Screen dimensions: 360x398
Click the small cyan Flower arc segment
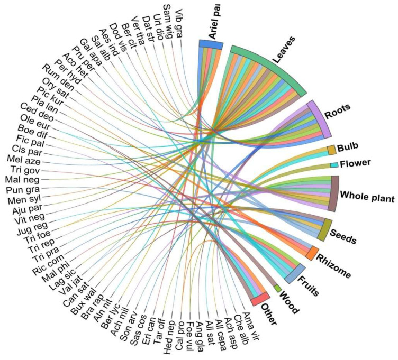(x=334, y=165)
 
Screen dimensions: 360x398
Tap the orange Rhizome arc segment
(x=312, y=252)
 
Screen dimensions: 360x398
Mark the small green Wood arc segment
(x=277, y=288)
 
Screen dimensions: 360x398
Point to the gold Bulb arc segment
(x=331, y=150)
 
